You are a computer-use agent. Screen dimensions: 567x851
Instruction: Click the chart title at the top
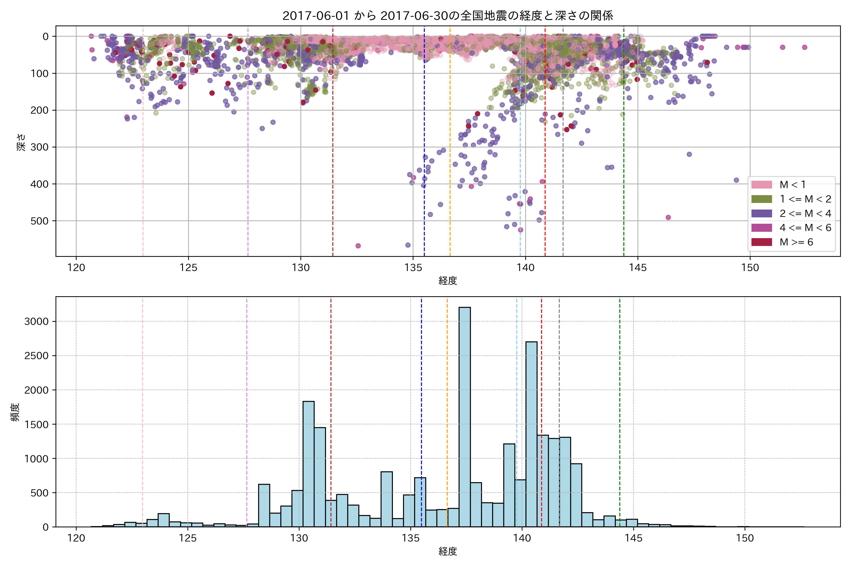(x=447, y=16)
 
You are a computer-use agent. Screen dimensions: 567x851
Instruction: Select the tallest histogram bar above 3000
(x=465, y=416)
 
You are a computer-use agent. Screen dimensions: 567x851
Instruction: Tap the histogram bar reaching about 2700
(x=531, y=434)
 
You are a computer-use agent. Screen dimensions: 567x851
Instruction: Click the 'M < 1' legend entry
(x=792, y=185)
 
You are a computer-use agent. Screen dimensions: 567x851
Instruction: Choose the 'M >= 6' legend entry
(x=796, y=242)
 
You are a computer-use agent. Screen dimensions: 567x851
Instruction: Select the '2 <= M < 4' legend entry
(x=805, y=214)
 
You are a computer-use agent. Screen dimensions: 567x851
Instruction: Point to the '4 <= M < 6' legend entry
(x=805, y=228)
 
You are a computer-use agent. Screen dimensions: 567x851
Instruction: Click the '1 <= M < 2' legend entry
(x=805, y=199)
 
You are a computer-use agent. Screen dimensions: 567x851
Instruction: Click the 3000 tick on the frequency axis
(x=36, y=322)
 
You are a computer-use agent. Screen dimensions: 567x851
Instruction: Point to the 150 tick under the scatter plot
(x=750, y=268)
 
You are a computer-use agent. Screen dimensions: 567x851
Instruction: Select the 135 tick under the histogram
(x=411, y=538)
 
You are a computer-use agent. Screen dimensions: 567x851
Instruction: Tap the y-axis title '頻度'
(x=15, y=412)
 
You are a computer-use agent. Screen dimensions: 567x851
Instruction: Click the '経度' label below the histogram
(x=447, y=551)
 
